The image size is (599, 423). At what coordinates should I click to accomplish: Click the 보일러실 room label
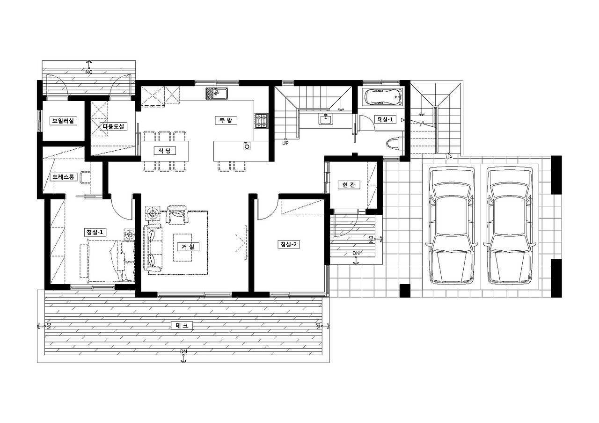[x=63, y=121]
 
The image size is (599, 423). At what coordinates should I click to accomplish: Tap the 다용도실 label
[x=113, y=126]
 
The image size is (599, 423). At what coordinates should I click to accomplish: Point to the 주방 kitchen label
[x=226, y=120]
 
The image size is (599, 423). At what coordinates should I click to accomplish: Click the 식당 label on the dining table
[x=165, y=151]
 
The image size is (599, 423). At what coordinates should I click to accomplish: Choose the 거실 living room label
[x=188, y=247]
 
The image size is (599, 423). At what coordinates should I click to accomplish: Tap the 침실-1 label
[x=95, y=232]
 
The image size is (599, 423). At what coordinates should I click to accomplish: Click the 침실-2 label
[x=289, y=244]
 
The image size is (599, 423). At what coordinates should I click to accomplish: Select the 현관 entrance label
[x=349, y=184]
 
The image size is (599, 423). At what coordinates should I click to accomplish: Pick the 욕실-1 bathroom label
[x=385, y=119]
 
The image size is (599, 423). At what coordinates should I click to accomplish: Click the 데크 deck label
[x=182, y=325]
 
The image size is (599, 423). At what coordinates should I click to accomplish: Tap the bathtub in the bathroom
[x=383, y=96]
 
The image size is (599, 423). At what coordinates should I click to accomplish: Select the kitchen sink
[x=217, y=94]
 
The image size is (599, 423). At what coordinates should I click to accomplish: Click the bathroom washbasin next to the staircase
[x=326, y=119]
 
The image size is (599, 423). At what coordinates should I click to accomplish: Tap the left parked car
[x=452, y=226]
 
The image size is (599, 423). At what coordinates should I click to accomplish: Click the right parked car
[x=510, y=226]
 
